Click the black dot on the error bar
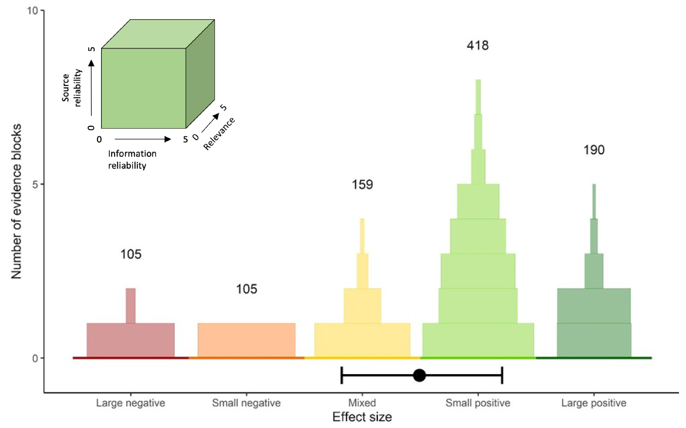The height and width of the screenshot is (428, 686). [x=419, y=375]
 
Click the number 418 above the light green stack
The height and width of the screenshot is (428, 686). [x=477, y=45]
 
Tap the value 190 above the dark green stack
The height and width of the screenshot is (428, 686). [x=594, y=150]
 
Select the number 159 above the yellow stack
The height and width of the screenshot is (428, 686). [x=362, y=185]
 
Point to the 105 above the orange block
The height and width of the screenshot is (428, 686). [x=247, y=289]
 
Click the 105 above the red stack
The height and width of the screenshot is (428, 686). [x=131, y=254]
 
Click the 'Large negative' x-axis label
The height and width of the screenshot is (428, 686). [x=131, y=403]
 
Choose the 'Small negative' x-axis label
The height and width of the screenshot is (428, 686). [x=247, y=403]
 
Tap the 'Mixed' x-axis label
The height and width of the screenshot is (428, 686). [x=362, y=403]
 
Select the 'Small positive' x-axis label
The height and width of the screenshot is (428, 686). [x=478, y=403]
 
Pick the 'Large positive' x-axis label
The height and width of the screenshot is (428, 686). [x=594, y=403]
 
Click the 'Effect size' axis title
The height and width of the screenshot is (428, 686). [x=362, y=417]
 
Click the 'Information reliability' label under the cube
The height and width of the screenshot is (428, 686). [x=133, y=159]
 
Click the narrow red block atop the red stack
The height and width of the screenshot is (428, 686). [x=131, y=305]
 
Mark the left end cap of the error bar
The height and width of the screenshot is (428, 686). [x=342, y=375]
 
